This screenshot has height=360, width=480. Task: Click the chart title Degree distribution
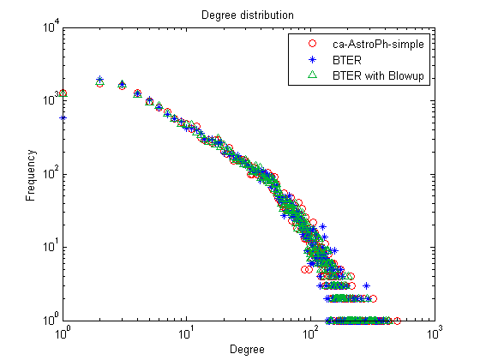pos(248,15)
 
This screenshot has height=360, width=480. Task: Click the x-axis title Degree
pos(247,350)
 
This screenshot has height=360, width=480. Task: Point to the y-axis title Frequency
pos(31,175)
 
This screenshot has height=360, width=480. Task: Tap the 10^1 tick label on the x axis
pos(186,333)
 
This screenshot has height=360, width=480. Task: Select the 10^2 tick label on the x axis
pos(309,333)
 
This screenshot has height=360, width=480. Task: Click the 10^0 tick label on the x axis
pos(62,333)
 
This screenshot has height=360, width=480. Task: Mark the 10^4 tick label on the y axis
pos(51,26)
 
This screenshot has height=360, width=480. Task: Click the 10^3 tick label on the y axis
pos(51,99)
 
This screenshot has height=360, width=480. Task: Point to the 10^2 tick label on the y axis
pos(51,172)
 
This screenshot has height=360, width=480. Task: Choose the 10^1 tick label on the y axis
pos(51,245)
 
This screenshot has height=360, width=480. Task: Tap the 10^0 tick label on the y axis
pos(51,319)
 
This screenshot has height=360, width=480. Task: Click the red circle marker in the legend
pos(312,44)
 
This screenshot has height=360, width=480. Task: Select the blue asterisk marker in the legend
pos(312,59)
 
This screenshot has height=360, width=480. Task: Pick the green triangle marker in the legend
pos(312,75)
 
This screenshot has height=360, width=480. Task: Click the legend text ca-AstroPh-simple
pos(378,45)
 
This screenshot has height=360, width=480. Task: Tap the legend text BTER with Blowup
pos(378,75)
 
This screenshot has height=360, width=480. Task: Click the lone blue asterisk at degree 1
pos(63,118)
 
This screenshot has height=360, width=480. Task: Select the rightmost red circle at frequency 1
pos(397,321)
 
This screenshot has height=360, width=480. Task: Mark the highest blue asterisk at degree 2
pos(99,79)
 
